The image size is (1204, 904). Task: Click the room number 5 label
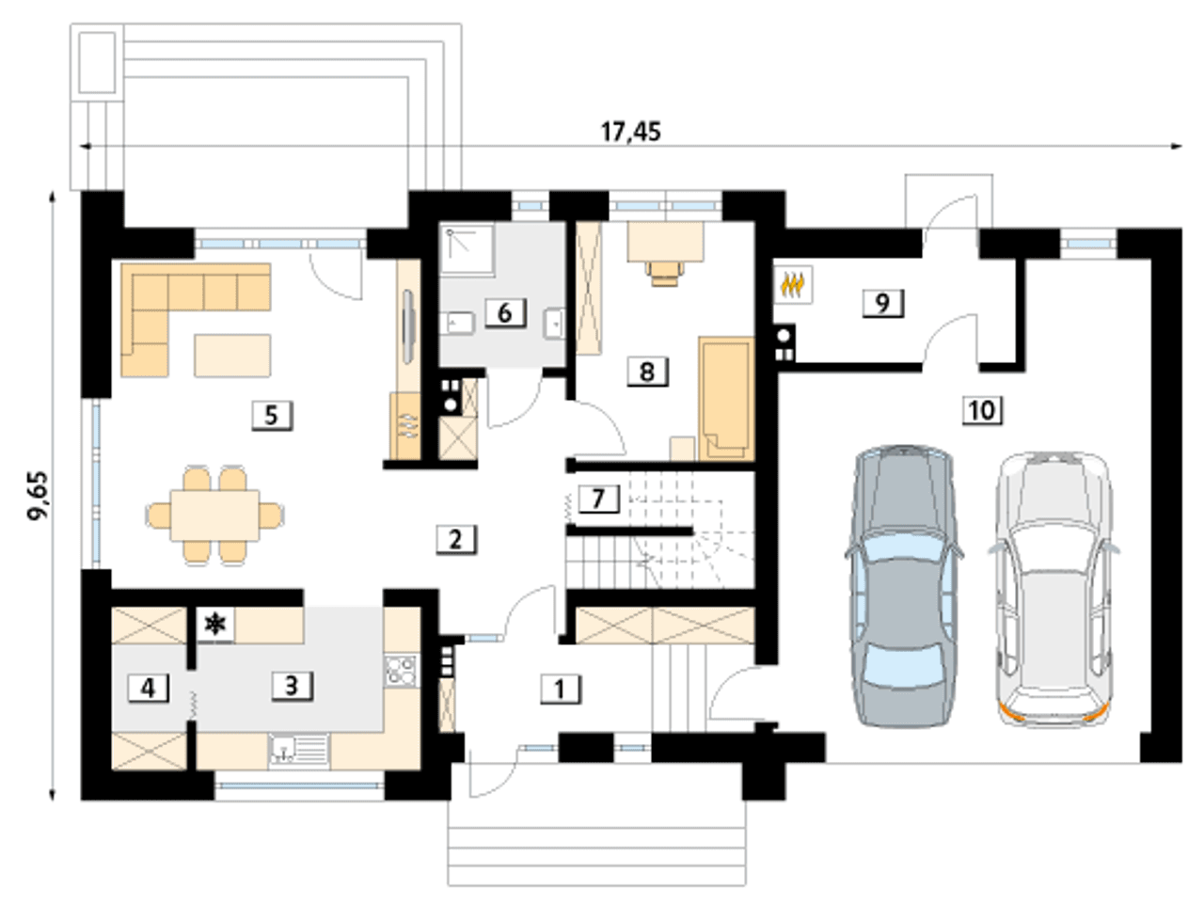[x=272, y=415]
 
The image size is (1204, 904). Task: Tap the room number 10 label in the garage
[x=982, y=410]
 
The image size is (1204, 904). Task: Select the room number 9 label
[x=883, y=303]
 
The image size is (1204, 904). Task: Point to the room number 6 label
[x=505, y=312]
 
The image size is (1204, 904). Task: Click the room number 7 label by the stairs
[x=599, y=499]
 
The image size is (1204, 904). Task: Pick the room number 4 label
[x=148, y=688]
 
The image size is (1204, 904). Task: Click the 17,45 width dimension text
[x=631, y=133]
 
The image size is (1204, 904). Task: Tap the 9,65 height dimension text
[x=40, y=496]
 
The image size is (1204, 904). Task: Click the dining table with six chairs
[x=215, y=515]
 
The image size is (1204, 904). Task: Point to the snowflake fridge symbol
[x=215, y=625]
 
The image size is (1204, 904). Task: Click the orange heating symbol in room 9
[x=792, y=285]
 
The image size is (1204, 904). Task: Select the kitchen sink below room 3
[x=299, y=750]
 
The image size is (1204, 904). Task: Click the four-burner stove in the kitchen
[x=401, y=671]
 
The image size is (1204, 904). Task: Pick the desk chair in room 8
[x=666, y=273]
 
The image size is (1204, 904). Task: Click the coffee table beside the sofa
[x=232, y=356]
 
